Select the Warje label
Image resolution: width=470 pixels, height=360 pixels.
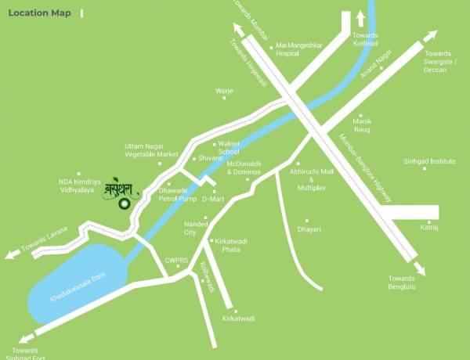click(x=224, y=91)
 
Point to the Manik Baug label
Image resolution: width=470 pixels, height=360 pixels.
click(x=362, y=125)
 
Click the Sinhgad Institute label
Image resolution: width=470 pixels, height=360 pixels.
click(x=428, y=160)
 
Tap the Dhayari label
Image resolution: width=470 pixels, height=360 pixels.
click(x=309, y=229)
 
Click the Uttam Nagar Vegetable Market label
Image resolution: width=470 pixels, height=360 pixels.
click(x=151, y=150)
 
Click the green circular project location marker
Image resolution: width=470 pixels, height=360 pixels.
click(x=124, y=205)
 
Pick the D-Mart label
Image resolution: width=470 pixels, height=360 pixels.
click(x=213, y=199)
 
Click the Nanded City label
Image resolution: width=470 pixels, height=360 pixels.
click(x=196, y=229)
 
